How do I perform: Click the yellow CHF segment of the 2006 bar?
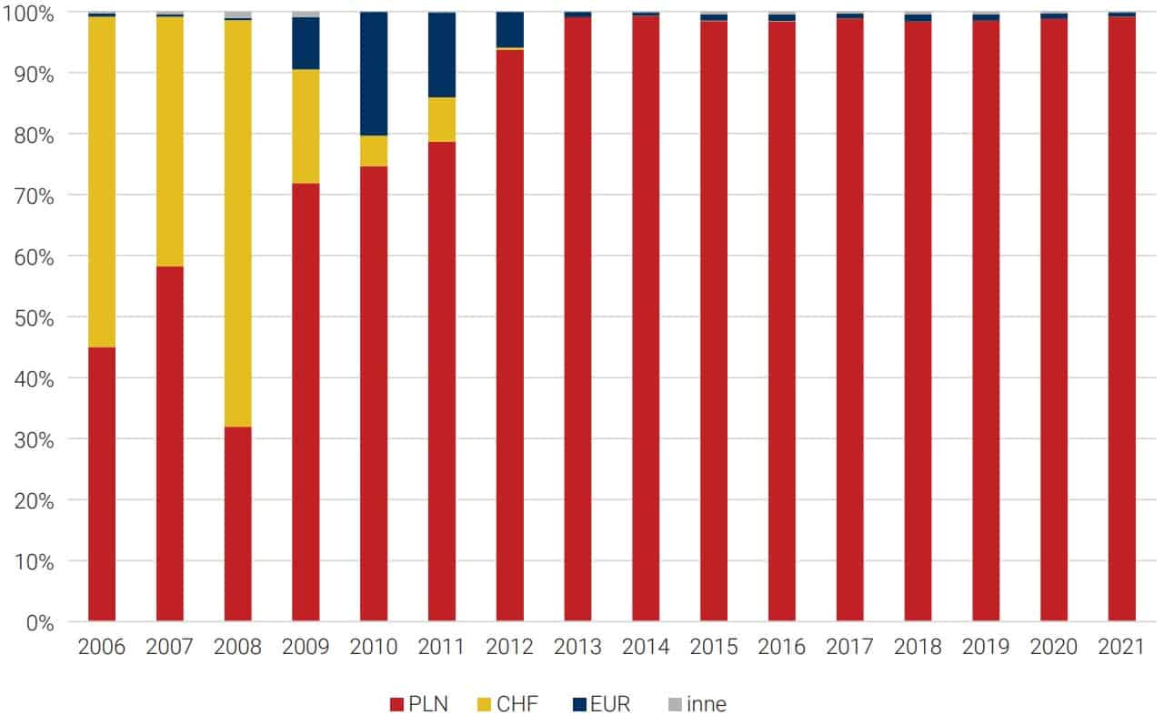102,182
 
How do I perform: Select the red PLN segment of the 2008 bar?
237,524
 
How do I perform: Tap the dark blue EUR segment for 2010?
374,74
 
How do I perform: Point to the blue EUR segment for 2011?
442,55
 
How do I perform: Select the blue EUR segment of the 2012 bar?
510,30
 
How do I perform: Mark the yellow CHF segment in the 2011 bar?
442,119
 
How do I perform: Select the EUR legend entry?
601,704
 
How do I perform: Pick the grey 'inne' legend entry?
697,704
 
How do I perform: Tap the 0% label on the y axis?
41,622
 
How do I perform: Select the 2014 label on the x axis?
646,648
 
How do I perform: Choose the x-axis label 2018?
918,648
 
